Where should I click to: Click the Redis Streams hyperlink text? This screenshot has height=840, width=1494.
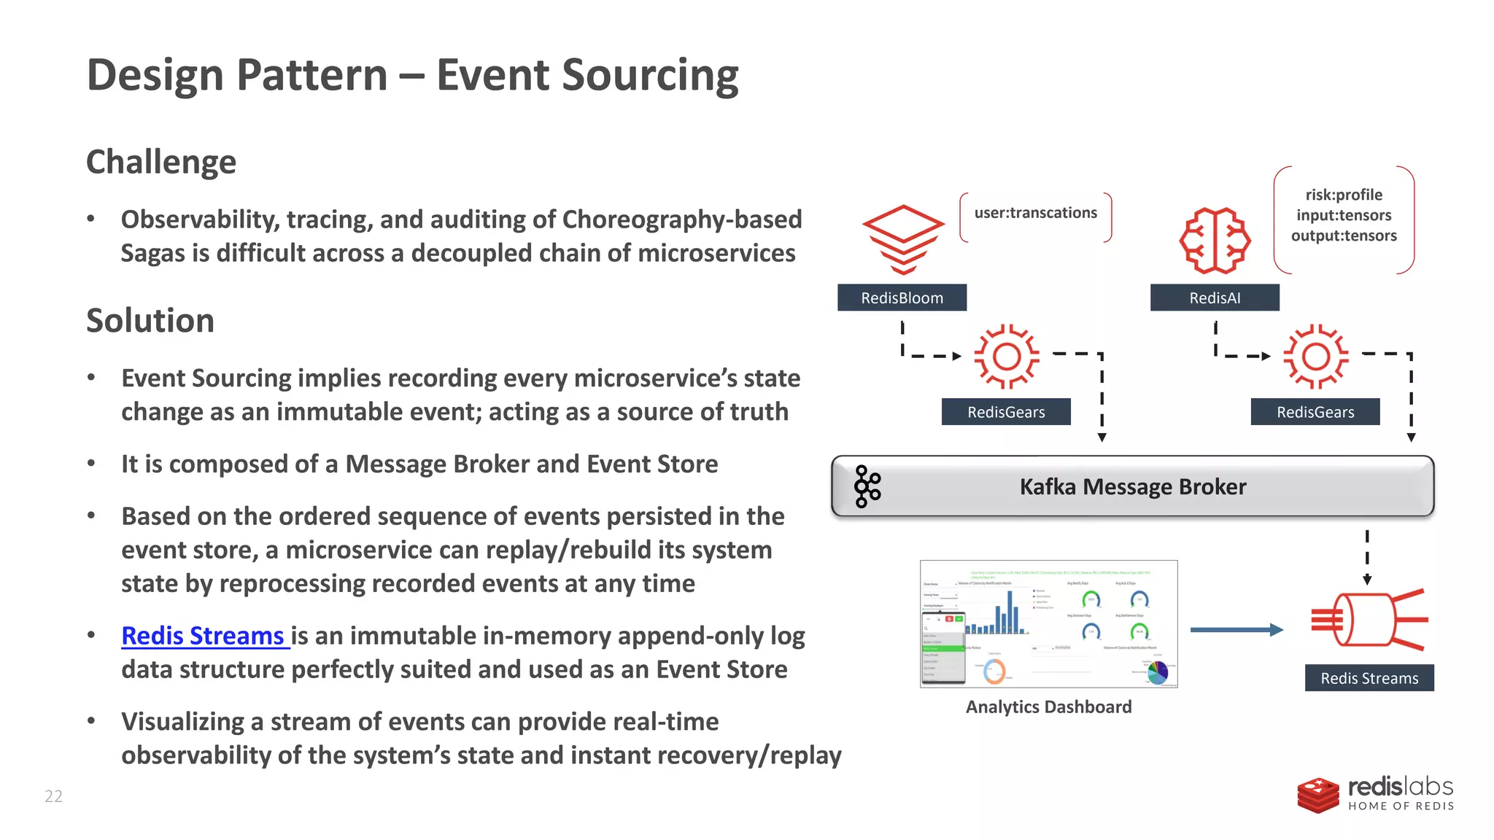[203, 636]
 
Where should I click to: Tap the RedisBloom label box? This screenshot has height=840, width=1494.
[902, 297]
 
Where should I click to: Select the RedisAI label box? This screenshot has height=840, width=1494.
[1215, 297]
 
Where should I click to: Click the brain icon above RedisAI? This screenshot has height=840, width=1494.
[1215, 241]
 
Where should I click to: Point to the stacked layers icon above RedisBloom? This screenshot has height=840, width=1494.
[903, 239]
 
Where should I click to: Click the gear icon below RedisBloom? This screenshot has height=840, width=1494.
[1007, 357]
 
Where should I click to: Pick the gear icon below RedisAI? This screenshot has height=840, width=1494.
[1315, 357]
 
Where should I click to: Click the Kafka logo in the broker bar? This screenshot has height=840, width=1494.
[867, 486]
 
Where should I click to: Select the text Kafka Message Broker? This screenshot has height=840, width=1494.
[1132, 486]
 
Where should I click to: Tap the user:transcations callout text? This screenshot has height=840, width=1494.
[1035, 213]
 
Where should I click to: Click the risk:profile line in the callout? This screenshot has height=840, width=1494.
[1344, 195]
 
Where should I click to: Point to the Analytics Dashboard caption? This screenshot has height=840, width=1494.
[1048, 707]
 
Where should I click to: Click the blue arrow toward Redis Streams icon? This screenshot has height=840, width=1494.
[1236, 630]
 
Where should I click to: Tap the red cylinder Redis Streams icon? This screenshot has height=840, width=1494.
[1369, 620]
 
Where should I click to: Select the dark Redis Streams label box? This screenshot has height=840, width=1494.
[1369, 678]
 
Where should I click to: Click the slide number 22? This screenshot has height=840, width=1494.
[53, 796]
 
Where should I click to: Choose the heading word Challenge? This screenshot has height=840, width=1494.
[161, 162]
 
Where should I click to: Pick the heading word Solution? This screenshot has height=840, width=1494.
[150, 321]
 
